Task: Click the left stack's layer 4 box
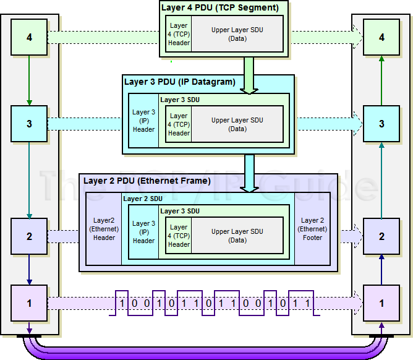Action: [29, 38]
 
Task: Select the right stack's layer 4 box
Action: [381, 38]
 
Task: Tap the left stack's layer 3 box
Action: [29, 124]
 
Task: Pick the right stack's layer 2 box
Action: [381, 236]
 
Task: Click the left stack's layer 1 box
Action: [29, 303]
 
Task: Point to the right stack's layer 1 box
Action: [381, 303]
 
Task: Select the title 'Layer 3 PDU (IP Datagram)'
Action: [180, 82]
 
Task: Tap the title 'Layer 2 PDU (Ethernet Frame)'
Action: [147, 181]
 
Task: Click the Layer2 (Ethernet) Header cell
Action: [104, 229]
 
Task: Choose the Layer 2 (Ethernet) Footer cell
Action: [312, 229]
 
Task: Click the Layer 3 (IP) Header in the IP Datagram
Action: [143, 121]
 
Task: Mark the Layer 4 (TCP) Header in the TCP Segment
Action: [179, 34]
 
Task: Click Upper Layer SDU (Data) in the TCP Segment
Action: [237, 34]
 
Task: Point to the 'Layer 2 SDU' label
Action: [143, 199]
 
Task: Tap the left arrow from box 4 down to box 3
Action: [29, 79]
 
